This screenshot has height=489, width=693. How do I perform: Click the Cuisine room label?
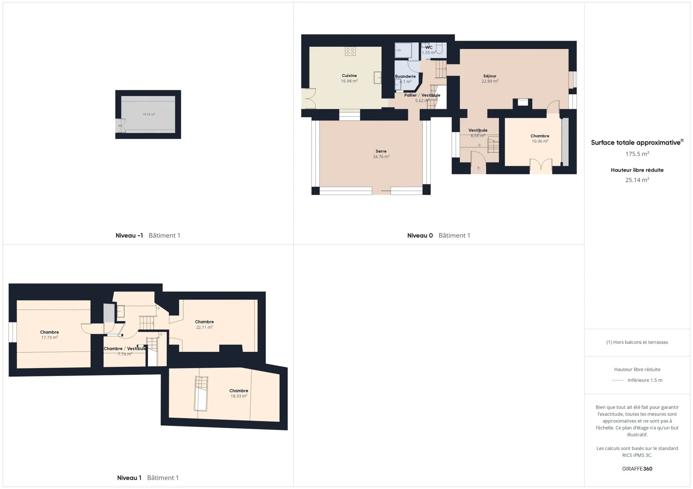click(x=349, y=75)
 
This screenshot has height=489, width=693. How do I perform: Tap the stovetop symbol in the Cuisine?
click(x=350, y=51)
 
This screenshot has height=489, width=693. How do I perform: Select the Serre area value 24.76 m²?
click(x=381, y=157)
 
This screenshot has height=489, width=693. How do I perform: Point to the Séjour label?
click(x=490, y=76)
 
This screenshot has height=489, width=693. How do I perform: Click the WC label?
click(x=429, y=47)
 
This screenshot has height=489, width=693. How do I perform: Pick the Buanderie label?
click(x=405, y=76)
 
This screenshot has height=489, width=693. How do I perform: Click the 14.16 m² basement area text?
click(x=149, y=114)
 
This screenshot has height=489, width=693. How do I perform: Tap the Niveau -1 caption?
click(x=129, y=235)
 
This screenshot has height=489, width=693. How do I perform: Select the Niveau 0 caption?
click(x=420, y=235)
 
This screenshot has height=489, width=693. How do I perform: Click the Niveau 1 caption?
click(x=129, y=477)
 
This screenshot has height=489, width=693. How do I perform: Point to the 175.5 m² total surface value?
click(x=637, y=154)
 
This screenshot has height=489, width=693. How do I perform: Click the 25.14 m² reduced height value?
click(x=637, y=180)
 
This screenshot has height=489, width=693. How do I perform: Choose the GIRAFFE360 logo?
click(x=637, y=469)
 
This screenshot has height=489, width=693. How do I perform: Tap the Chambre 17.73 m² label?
click(x=49, y=335)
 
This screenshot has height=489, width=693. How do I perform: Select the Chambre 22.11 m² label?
click(x=204, y=324)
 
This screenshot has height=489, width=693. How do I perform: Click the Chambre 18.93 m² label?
click(x=239, y=393)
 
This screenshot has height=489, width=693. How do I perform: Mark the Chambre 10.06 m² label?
click(x=540, y=138)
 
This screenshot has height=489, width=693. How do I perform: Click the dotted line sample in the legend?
click(x=618, y=380)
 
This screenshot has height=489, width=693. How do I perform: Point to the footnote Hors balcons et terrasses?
click(x=637, y=342)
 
